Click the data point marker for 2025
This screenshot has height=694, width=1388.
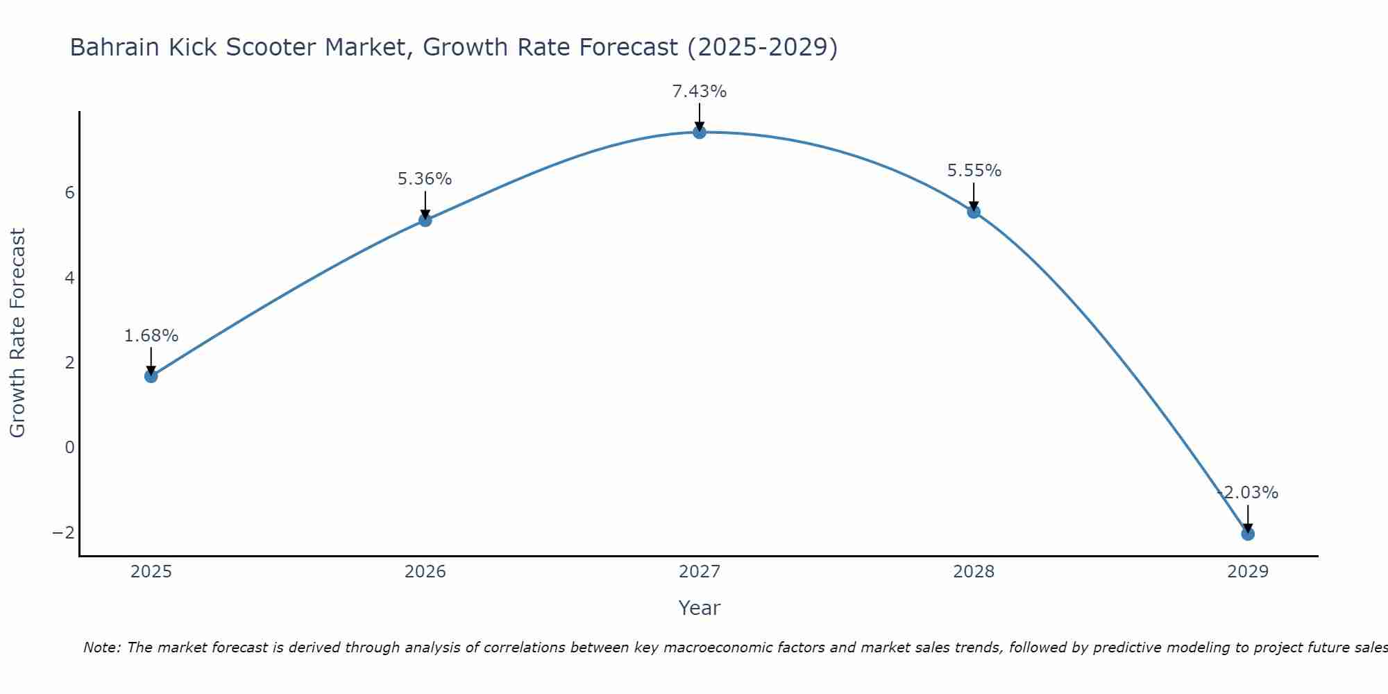[x=151, y=376]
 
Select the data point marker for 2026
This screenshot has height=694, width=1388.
[x=425, y=220]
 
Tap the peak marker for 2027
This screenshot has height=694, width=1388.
[x=700, y=132]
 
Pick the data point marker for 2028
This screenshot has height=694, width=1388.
[x=974, y=212]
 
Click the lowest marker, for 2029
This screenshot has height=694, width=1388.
[x=1248, y=534]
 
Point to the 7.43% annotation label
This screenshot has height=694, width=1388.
[x=700, y=92]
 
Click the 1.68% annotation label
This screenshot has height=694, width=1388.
[x=151, y=336]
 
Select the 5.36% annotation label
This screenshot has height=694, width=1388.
[x=425, y=179]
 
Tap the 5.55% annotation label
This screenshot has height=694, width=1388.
[x=974, y=171]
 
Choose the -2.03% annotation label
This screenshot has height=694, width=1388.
[x=1248, y=493]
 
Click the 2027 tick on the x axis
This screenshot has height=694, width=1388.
[x=700, y=572]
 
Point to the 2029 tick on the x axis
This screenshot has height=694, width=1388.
[x=1248, y=572]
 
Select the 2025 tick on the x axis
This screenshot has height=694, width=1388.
[x=151, y=572]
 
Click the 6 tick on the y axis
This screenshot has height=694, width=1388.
[x=69, y=193]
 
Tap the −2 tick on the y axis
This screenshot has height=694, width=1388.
[x=64, y=532]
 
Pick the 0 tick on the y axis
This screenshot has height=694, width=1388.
[x=69, y=448]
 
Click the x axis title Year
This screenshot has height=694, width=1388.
[x=700, y=608]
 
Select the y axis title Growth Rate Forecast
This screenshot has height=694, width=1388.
[x=17, y=333]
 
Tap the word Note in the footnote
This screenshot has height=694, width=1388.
[x=102, y=648]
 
